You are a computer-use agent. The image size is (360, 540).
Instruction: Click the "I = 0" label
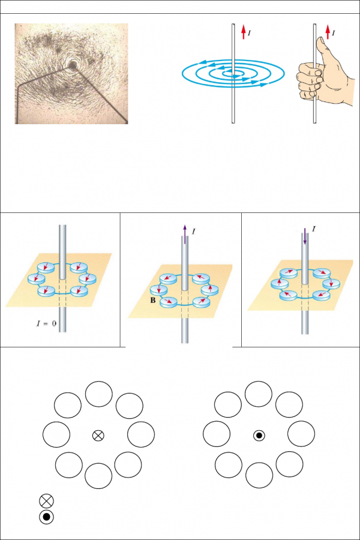point(46,323)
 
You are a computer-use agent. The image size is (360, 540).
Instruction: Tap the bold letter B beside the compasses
point(153,301)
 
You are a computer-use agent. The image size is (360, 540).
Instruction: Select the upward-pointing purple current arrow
point(185,234)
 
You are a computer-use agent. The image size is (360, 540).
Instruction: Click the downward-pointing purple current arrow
point(305,236)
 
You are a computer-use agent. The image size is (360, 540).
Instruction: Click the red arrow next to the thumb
point(328,32)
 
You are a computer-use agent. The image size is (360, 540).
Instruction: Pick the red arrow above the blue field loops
point(243,32)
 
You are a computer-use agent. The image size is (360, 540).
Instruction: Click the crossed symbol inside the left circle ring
point(98,436)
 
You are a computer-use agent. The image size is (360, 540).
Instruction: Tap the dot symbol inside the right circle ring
point(259,436)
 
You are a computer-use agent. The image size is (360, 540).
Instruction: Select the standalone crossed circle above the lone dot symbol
point(47,501)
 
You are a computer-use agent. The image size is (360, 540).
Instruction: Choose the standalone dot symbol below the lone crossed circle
point(47,517)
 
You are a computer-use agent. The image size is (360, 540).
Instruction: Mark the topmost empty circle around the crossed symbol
point(98,394)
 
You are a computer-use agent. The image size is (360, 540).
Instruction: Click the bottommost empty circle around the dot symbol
point(259,475)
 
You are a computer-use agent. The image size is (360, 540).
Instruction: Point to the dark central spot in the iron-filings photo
point(73,64)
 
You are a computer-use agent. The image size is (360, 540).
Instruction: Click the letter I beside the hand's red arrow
point(334,33)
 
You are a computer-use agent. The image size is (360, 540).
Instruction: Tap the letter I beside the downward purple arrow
point(313,229)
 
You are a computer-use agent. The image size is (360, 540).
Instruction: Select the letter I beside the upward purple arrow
point(193,231)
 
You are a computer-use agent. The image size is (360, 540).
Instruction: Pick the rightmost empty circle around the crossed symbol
point(141,434)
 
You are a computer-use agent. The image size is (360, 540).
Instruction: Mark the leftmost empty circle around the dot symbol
point(217,434)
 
